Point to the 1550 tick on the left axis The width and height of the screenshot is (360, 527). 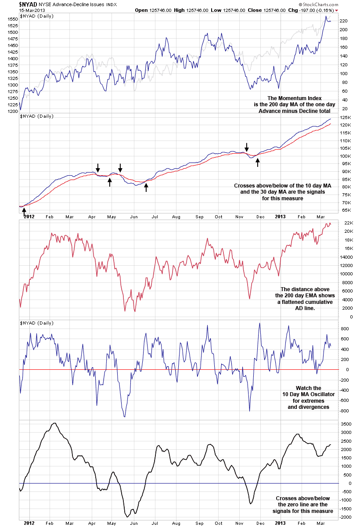click(x=12, y=19)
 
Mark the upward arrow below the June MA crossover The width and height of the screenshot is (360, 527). click(x=147, y=188)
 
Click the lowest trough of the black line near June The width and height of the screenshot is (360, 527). click(x=127, y=516)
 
